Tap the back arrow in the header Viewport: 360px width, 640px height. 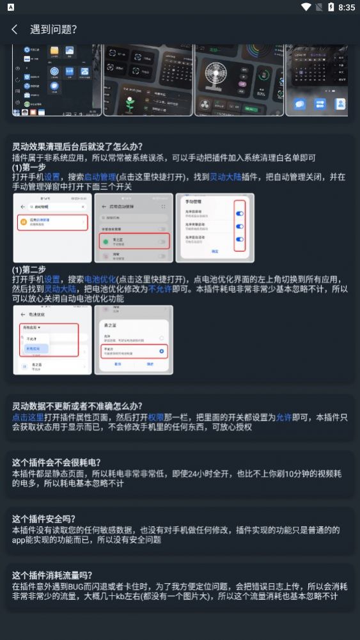pyautogui.click(x=15, y=29)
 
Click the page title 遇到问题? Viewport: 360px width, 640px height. pyautogui.click(x=53, y=29)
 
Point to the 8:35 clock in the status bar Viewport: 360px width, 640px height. pyautogui.click(x=347, y=7)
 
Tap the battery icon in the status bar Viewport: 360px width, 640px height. pyautogui.click(x=331, y=7)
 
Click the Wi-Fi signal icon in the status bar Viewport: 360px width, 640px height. pyautogui.click(x=306, y=7)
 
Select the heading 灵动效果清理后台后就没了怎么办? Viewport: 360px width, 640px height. pyautogui.click(x=77, y=146)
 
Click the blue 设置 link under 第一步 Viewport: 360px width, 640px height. pyautogui.click(x=52, y=176)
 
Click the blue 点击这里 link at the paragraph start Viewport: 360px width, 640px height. pyautogui.click(x=28, y=417)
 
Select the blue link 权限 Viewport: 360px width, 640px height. pyautogui.click(x=156, y=417)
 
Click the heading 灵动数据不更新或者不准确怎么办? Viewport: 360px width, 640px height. pyautogui.click(x=77, y=406)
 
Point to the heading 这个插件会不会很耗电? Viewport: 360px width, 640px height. pyautogui.click(x=56, y=462)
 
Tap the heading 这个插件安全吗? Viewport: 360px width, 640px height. pyautogui.click(x=43, y=519)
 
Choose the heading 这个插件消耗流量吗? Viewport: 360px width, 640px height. pyautogui.click(x=52, y=575)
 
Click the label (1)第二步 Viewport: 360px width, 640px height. pyautogui.click(x=29, y=269)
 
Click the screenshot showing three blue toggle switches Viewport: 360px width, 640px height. pyautogui.click(x=215, y=227)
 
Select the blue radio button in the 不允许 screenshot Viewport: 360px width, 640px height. pyautogui.click(x=161, y=351)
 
